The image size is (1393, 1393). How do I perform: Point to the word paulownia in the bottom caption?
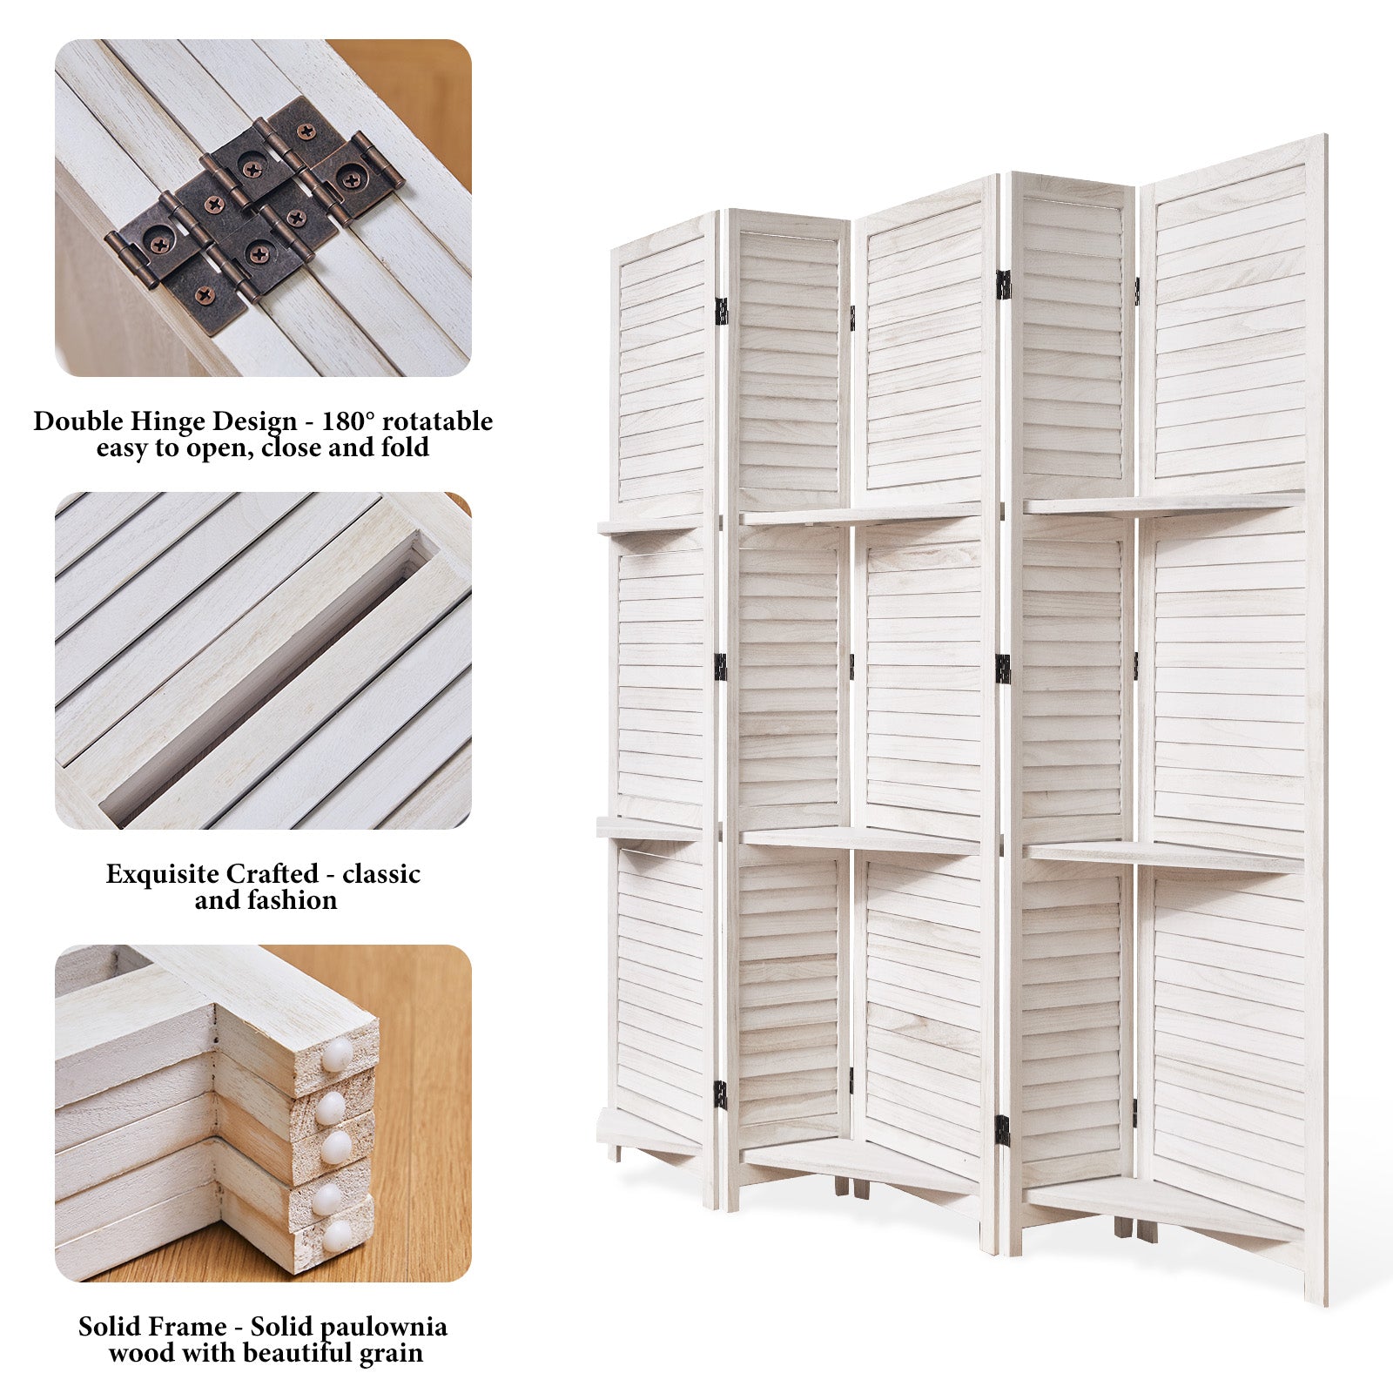click(x=384, y=1327)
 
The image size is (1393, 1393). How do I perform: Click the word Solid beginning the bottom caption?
click(x=108, y=1327)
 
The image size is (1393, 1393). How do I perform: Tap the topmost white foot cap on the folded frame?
click(x=337, y=1055)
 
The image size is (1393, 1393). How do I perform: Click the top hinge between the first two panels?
click(x=721, y=311)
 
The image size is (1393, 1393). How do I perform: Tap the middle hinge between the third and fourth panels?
click(x=1003, y=669)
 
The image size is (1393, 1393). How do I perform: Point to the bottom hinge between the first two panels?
click(x=721, y=1094)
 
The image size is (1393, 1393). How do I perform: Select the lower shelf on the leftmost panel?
click(x=649, y=828)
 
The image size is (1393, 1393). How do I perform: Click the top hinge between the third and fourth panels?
click(x=1003, y=285)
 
